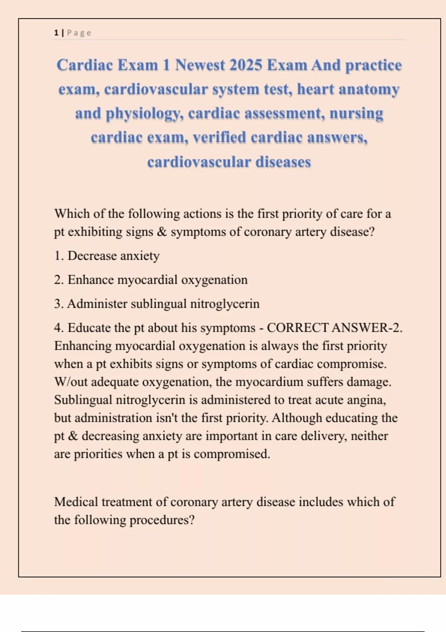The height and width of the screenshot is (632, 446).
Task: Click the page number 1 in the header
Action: pos(56,33)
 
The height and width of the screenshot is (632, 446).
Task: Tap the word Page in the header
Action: pos(79,33)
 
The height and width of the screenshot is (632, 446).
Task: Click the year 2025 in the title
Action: pos(246,65)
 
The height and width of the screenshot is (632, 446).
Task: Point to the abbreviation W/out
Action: pos(71,382)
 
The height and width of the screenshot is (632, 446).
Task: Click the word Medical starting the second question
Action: pos(76,502)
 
